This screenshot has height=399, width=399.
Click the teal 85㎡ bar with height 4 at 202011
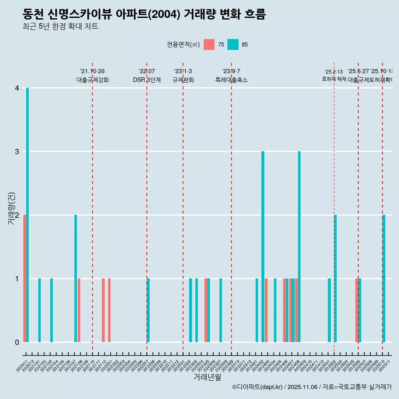tap(27, 215)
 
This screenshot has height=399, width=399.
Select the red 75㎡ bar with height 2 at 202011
tap(25, 278)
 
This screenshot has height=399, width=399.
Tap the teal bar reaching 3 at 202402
tap(263, 246)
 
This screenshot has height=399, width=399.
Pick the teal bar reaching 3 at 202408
tap(299, 246)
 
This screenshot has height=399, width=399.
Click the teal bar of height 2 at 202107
tap(76, 278)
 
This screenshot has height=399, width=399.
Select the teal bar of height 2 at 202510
tap(384, 278)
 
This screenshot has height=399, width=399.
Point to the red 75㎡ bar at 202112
tap(103, 310)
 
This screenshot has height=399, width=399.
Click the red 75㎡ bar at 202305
tap(206, 310)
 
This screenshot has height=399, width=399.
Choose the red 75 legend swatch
tap(209, 44)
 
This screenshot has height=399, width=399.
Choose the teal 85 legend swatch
tap(233, 44)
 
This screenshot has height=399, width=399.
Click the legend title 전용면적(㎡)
tap(183, 44)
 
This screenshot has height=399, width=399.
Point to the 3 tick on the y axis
tap(17, 152)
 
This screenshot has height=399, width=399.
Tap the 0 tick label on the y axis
tap(17, 342)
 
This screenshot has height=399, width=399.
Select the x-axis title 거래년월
tap(207, 377)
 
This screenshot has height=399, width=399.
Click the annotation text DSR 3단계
tap(147, 80)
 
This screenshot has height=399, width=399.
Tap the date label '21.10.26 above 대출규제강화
tap(92, 71)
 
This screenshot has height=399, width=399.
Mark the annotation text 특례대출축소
tap(231, 80)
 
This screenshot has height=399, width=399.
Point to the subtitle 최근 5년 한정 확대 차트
tap(60, 27)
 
